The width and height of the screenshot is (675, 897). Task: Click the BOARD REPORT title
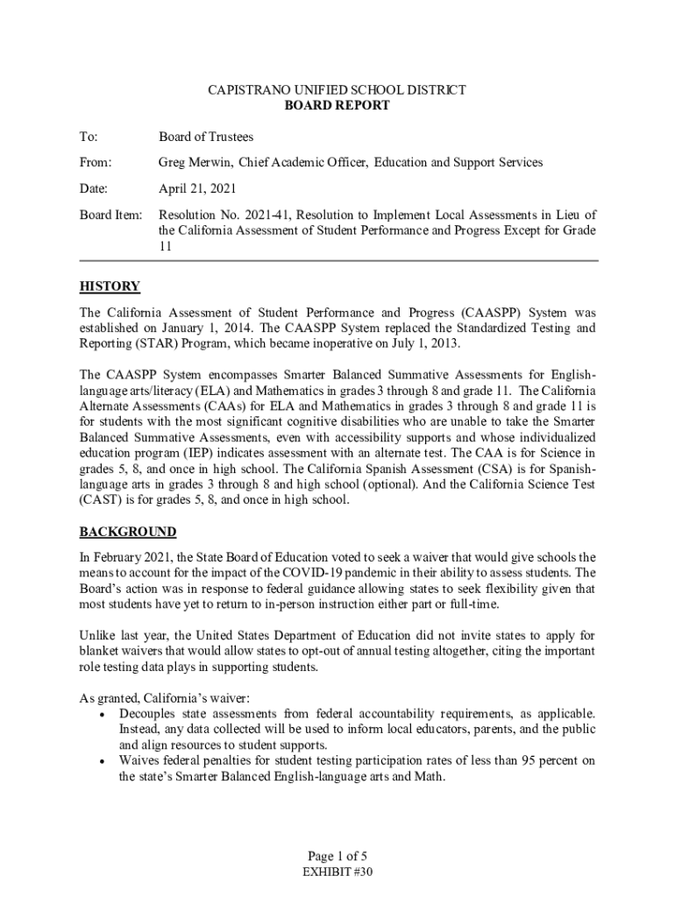(x=337, y=105)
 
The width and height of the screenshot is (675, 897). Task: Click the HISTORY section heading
(x=110, y=286)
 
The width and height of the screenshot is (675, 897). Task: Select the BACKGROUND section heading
(x=128, y=532)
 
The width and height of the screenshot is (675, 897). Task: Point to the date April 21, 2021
(x=197, y=188)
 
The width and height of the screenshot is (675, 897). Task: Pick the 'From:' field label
(x=96, y=162)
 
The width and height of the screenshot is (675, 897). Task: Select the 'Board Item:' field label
(x=110, y=215)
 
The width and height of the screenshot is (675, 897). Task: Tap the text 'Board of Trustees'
(x=206, y=137)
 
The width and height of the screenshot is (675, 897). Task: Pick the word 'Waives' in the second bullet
(x=139, y=760)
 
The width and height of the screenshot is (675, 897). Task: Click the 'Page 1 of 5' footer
(x=337, y=856)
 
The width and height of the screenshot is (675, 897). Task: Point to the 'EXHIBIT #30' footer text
(x=337, y=872)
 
